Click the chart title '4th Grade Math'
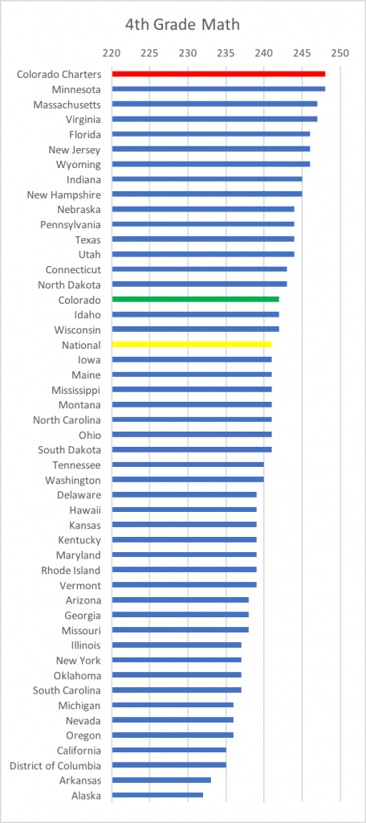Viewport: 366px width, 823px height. point(182,25)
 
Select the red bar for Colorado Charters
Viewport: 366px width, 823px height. point(218,74)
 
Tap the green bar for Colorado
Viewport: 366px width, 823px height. point(195,299)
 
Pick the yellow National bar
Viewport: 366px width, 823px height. point(191,344)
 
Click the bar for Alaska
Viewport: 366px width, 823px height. point(157,795)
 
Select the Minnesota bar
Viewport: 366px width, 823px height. point(218,88)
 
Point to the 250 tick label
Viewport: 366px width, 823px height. point(340,53)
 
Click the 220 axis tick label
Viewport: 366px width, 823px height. point(112,53)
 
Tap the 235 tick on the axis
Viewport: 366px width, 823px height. point(226,53)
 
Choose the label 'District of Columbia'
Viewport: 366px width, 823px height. point(55,765)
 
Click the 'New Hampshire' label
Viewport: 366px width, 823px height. point(64,194)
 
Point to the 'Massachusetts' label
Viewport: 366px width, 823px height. point(67,104)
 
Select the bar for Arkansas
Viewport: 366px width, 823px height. point(161,780)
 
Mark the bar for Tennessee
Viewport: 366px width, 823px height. point(188,465)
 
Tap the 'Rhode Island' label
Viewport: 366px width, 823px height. point(71,570)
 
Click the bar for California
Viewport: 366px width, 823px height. point(169,750)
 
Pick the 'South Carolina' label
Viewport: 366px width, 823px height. point(67,690)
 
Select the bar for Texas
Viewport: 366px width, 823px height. point(203,240)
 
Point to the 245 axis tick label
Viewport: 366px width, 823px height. point(302,53)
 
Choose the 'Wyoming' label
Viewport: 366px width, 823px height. point(78,165)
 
